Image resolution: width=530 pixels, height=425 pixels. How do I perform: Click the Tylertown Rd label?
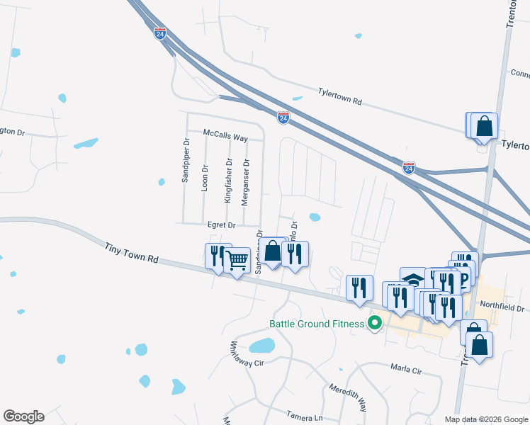click(x=339, y=97)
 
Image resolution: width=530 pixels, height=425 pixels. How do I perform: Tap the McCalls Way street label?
click(x=225, y=135)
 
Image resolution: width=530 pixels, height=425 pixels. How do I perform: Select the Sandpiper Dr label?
click(x=186, y=160)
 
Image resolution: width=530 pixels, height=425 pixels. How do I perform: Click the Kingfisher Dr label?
click(x=228, y=181)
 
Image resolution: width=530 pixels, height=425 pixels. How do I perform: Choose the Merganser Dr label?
click(x=246, y=181)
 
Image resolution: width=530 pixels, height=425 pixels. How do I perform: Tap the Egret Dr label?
click(x=221, y=225)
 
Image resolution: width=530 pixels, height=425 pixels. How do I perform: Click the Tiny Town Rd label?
click(x=131, y=254)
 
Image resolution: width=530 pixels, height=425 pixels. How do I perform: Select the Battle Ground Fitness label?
click(x=317, y=324)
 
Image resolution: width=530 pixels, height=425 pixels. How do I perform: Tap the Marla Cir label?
click(x=406, y=369)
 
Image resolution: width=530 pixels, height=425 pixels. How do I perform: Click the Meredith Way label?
click(x=347, y=397)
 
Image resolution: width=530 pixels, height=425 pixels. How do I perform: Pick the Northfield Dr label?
click(x=501, y=308)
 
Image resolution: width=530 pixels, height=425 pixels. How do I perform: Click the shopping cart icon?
click(x=237, y=261)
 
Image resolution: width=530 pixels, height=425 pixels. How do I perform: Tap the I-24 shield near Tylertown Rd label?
click(x=283, y=118)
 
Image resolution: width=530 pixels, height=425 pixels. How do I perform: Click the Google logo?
click(x=23, y=416)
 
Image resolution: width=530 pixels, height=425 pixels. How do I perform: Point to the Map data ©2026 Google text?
click(x=485, y=419)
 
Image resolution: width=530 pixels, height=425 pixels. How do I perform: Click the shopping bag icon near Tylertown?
click(x=485, y=127)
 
